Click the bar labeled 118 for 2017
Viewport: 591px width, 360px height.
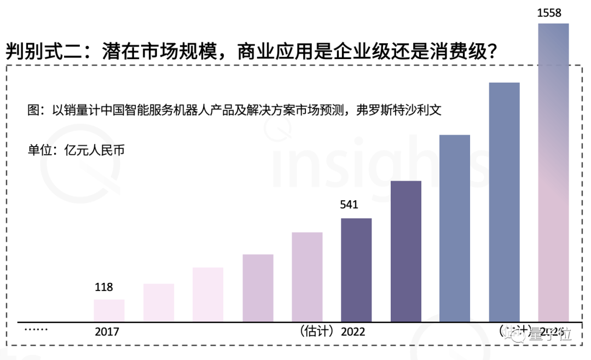click(x=109, y=310)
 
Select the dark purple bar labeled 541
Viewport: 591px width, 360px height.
click(x=356, y=269)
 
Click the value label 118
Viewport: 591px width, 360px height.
click(x=104, y=287)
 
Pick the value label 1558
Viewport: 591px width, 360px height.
click(x=549, y=13)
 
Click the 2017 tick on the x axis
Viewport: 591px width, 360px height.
click(x=107, y=332)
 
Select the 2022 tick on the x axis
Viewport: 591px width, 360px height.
click(x=353, y=332)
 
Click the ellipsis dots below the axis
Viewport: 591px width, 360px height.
click(x=36, y=329)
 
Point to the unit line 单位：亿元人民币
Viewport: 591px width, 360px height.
click(x=76, y=149)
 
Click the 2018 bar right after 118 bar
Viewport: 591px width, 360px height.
click(x=159, y=302)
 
